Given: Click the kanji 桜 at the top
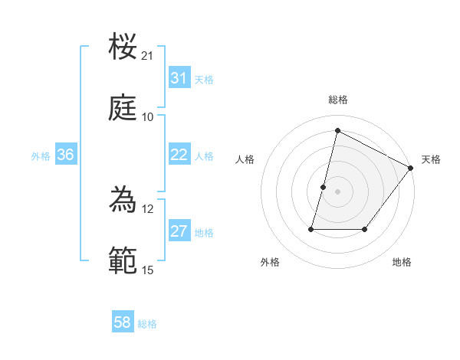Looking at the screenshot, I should tap(124, 47).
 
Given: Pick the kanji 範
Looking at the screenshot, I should tap(124, 260).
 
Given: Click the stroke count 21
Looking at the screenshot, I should tap(148, 56).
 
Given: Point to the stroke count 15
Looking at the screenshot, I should tap(148, 270).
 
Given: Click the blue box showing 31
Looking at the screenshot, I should tap(179, 78).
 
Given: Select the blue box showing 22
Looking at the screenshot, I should tap(179, 155).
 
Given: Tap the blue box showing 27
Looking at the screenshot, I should tap(179, 231).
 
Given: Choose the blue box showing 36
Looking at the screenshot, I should tap(66, 155).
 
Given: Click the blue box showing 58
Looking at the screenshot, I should tap(123, 322).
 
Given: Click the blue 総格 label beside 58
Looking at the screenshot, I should tap(147, 324).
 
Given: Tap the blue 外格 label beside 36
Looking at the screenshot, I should tap(41, 156).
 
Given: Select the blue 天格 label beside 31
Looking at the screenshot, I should tap(204, 80).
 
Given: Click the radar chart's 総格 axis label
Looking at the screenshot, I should tap(338, 100).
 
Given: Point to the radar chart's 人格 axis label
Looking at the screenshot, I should tap(245, 159).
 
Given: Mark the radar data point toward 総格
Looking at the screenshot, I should tap(337, 131).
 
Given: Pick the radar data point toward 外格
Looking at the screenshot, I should tap(312, 229).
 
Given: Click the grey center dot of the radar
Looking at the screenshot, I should tap(338, 191).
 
